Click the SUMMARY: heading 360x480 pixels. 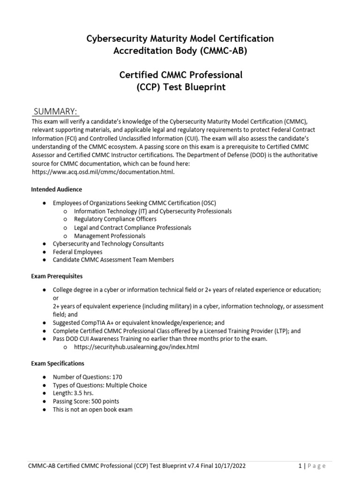pyautogui.click(x=55, y=111)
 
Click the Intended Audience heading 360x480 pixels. pyautogui.click(x=56, y=189)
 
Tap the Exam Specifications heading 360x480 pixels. pyautogui.click(x=58, y=363)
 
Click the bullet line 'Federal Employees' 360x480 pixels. pyautogui.click(x=77, y=252)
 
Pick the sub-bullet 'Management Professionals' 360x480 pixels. pyautogui.click(x=110, y=236)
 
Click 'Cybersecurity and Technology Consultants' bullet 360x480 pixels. pyautogui.click(x=108, y=244)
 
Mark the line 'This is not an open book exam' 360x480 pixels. pyautogui.click(x=93, y=410)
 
